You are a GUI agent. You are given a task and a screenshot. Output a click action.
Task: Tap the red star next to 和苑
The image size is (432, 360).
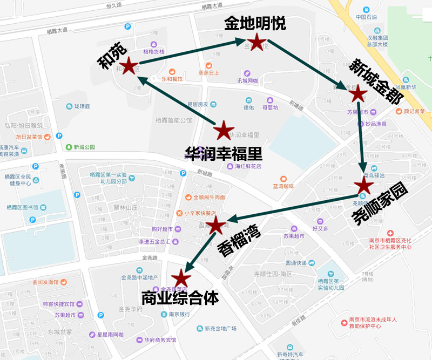coord(129,66)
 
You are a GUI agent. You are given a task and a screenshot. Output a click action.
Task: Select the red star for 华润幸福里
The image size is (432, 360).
coord(222,131)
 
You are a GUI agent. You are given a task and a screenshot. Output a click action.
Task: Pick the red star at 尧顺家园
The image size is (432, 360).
coord(363,185)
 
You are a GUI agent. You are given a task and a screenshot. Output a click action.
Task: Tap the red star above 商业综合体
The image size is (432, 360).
coord(181,278)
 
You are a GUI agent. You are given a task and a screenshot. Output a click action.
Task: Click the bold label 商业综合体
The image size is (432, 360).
coord(179,298)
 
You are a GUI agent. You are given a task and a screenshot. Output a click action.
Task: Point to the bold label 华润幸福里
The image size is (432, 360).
coord(224,154)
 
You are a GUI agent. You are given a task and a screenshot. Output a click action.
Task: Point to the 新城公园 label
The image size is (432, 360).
coord(84,147)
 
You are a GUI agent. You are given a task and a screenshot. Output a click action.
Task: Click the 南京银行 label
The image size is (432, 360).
coord(178,314)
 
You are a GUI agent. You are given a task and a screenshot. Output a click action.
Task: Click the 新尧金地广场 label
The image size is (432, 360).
coord(220,328)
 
